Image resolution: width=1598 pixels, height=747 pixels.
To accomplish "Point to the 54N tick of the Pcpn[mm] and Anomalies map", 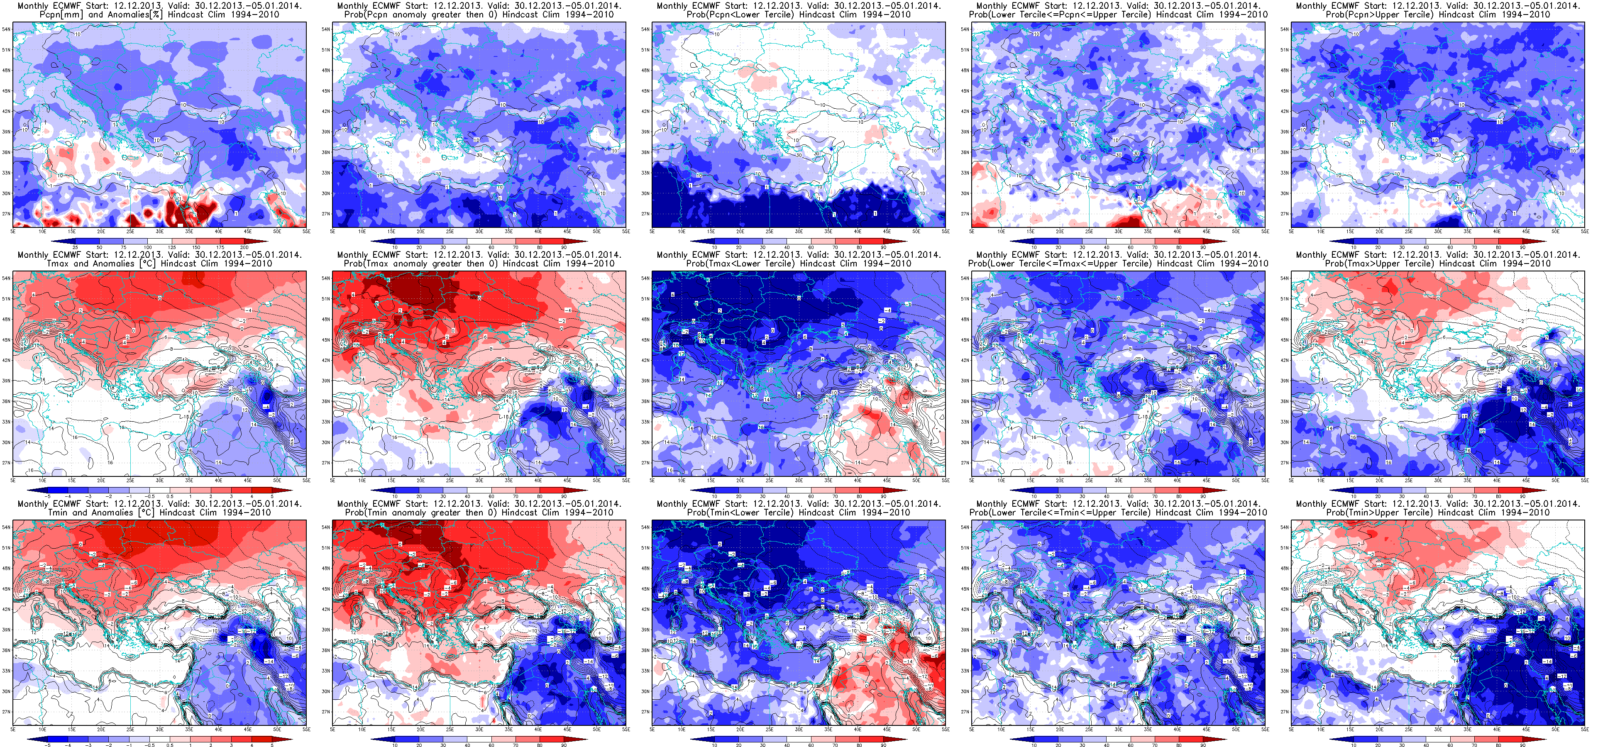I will (6, 29).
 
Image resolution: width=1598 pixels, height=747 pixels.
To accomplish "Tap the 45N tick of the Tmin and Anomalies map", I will (6, 589).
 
